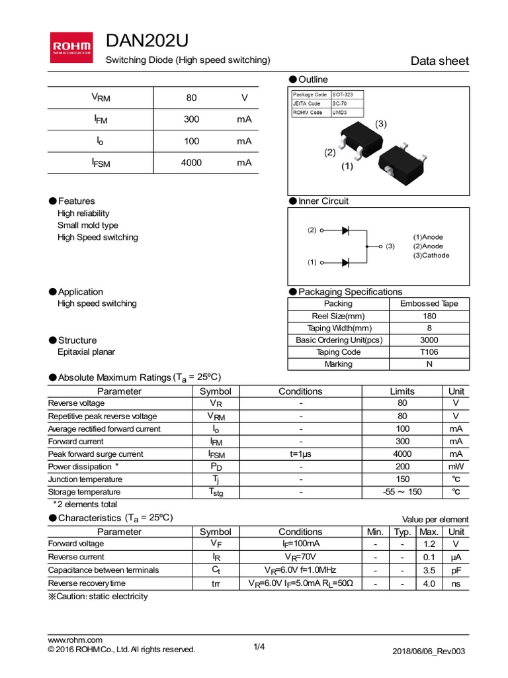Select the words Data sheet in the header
tap(440, 61)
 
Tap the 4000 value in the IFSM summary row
tap(191, 163)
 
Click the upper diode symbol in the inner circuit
tap(345, 230)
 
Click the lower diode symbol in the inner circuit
tap(345, 262)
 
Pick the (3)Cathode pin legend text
tap(431, 256)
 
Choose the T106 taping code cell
tap(429, 352)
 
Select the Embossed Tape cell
tap(429, 304)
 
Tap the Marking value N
tap(429, 364)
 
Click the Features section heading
tap(76, 201)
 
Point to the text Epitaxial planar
tap(86, 352)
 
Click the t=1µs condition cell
tap(300, 454)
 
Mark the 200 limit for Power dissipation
tap(402, 467)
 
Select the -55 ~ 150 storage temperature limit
tap(402, 492)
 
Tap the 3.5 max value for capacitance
tap(429, 570)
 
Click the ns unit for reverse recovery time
tap(456, 583)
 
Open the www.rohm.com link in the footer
tap(75, 640)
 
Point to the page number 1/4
tap(259, 648)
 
